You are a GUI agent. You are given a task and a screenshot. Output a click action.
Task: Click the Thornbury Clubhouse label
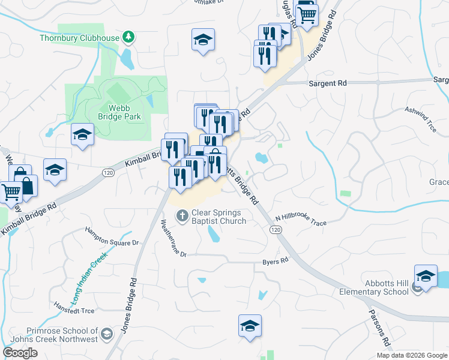click(x=79, y=38)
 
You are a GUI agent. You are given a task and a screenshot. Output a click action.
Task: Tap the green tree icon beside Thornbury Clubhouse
click(x=128, y=38)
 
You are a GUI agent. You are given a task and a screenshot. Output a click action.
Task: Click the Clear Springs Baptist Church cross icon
click(x=182, y=215)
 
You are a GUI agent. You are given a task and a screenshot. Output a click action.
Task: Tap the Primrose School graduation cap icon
click(x=106, y=334)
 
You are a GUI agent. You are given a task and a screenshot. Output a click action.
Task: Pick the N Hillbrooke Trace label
click(x=301, y=220)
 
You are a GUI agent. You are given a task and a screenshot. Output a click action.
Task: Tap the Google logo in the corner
click(x=20, y=353)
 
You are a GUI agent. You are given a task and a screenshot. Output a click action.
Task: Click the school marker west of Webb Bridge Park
click(x=82, y=135)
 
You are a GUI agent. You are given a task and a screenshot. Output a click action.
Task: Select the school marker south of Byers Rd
click(x=250, y=326)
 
